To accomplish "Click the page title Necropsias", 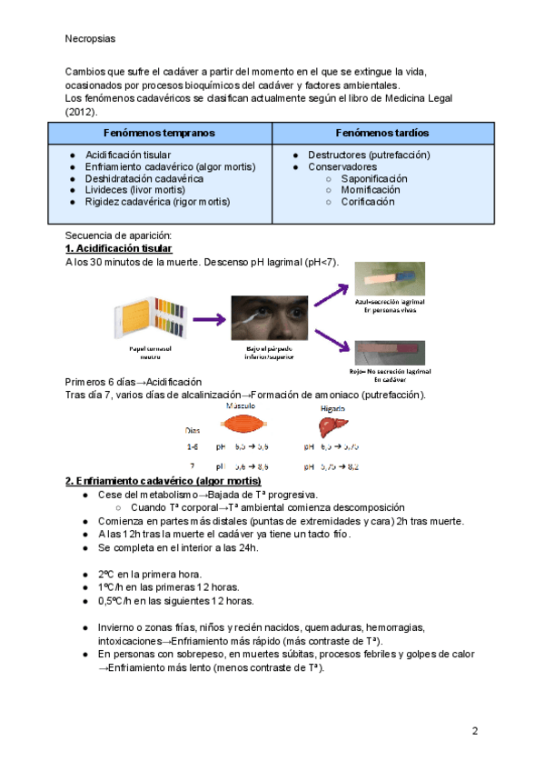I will point(91,39).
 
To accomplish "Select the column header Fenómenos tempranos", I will point(159,133).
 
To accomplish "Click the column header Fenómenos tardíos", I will point(382,133).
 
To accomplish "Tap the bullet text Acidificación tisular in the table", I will point(127,155).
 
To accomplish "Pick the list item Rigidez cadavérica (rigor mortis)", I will point(157,202).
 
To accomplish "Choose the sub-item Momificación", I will point(370,190).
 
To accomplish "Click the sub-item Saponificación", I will point(374,179).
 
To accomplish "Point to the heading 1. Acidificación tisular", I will point(119,249).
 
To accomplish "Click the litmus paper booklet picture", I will point(140,318).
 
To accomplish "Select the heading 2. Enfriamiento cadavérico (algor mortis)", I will point(163,480).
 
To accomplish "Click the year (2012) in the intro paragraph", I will point(81,111).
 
